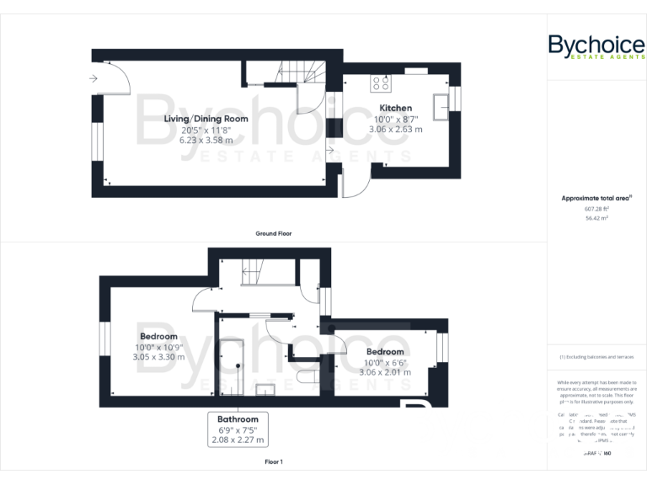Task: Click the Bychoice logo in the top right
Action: pyautogui.click(x=596, y=45)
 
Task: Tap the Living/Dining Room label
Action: pyautogui.click(x=206, y=119)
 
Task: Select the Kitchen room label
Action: pyautogui.click(x=395, y=108)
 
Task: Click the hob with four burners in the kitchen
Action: pyautogui.click(x=381, y=83)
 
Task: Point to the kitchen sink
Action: pyautogui.click(x=441, y=106)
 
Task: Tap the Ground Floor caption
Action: pyautogui.click(x=273, y=233)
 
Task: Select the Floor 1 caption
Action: pyautogui.click(x=273, y=462)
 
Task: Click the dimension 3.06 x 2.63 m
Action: pyautogui.click(x=398, y=130)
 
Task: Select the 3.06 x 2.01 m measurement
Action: pyautogui.click(x=385, y=371)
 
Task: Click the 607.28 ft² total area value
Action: pyautogui.click(x=596, y=208)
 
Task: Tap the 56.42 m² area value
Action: pyautogui.click(x=596, y=217)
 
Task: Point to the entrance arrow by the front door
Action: pyautogui.click(x=93, y=79)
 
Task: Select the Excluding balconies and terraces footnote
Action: pyautogui.click(x=596, y=357)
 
